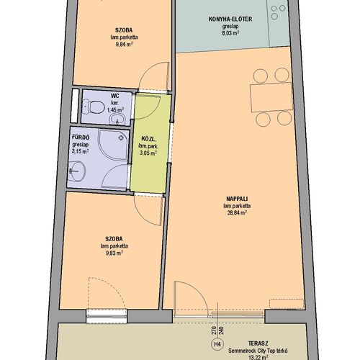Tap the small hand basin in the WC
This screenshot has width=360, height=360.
click(x=117, y=119)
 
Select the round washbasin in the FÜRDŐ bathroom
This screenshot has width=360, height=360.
click(x=76, y=171)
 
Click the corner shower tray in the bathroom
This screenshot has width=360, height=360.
click(x=114, y=145)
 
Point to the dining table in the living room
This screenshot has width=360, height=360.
click(x=271, y=97)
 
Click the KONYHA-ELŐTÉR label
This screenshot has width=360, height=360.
click(x=230, y=19)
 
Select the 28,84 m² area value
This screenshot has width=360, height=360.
click(x=237, y=212)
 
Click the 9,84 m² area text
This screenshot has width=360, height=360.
click(x=124, y=45)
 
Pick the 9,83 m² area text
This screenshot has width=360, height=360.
click(x=114, y=253)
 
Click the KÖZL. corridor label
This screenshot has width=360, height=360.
click(x=149, y=139)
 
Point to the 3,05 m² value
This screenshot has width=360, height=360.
click(x=148, y=153)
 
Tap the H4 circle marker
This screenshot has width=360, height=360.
click(x=217, y=344)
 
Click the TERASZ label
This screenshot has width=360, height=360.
click(x=258, y=343)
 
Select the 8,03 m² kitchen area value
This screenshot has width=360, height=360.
click(x=230, y=33)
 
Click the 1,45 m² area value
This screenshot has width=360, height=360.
click(x=115, y=110)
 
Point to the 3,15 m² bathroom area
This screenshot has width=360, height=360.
click(x=80, y=151)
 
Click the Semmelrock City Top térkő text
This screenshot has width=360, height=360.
click(x=258, y=351)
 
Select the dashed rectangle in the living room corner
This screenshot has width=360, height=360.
click(x=287, y=304)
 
